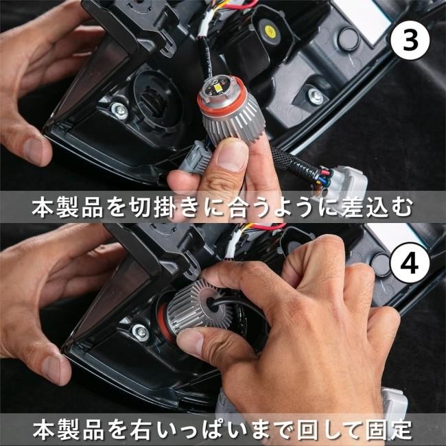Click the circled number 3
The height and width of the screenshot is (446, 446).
(x=410, y=42)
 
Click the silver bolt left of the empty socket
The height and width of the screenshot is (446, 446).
(x=119, y=110)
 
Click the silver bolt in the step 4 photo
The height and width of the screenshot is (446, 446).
(x=141, y=331)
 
